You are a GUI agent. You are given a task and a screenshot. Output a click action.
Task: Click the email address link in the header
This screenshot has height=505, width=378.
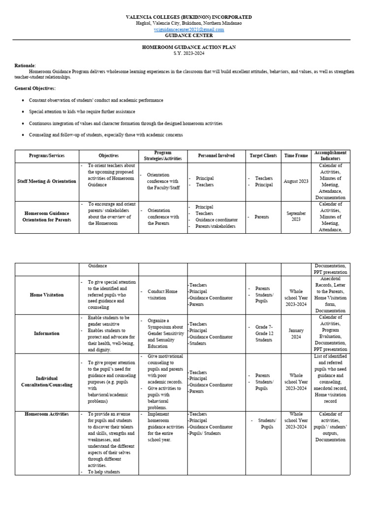[x=189, y=30]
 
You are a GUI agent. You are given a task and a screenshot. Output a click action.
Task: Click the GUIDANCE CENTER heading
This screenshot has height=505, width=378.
[x=189, y=36]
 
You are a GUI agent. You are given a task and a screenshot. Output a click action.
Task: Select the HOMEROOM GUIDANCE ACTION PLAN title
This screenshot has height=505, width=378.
[x=189, y=47]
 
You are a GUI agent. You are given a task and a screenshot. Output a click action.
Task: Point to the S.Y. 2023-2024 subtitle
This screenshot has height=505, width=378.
[x=189, y=53]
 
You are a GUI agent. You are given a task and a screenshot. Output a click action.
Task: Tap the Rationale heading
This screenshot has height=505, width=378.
[x=25, y=66]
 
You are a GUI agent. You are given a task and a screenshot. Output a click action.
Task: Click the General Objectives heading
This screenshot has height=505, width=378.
[x=35, y=88]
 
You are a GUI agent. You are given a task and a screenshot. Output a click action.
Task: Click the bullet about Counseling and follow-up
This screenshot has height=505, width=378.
[x=106, y=135]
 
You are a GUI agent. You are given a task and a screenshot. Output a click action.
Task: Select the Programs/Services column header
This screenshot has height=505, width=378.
[x=47, y=156]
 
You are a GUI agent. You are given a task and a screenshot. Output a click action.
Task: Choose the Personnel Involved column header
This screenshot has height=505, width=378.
[x=217, y=156]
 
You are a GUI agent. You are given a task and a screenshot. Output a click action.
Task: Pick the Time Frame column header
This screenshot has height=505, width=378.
[x=296, y=156]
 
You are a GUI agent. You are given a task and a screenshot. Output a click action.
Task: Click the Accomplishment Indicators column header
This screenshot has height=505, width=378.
[x=330, y=156]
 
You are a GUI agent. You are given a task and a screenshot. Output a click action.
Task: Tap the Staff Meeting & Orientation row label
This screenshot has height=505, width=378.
[x=47, y=181]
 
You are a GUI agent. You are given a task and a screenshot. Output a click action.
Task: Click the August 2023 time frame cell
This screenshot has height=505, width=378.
[x=296, y=181]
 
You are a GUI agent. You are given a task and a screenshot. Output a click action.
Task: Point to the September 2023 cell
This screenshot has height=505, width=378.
[x=296, y=216]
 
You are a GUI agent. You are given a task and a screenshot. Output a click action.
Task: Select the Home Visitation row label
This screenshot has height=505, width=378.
[x=47, y=295]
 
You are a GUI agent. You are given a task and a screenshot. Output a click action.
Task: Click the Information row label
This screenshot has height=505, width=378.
[x=47, y=333]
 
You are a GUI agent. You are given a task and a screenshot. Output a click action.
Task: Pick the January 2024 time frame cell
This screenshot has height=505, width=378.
[x=296, y=333]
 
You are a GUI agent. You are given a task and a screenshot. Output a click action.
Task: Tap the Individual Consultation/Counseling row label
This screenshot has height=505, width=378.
[x=47, y=381]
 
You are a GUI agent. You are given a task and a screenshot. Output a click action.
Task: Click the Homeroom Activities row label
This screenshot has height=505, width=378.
[x=47, y=414]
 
